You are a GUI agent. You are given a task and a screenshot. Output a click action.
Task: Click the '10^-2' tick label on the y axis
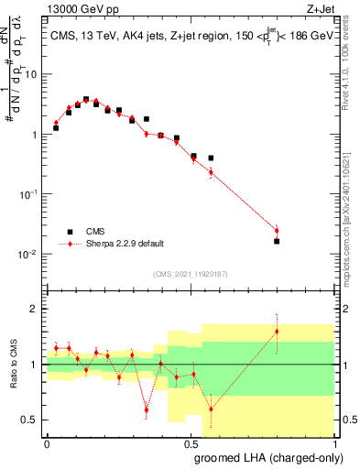pyautogui.click(x=30, y=254)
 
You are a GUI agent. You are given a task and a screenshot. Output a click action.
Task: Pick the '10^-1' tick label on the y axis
pyautogui.click(x=30, y=194)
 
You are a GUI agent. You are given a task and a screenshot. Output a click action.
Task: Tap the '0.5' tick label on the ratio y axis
pyautogui.click(x=33, y=420)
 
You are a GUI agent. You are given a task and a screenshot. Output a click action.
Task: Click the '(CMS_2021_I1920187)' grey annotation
pyautogui.click(x=190, y=274)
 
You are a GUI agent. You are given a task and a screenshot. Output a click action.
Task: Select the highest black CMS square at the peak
pyautogui.click(x=86, y=99)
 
